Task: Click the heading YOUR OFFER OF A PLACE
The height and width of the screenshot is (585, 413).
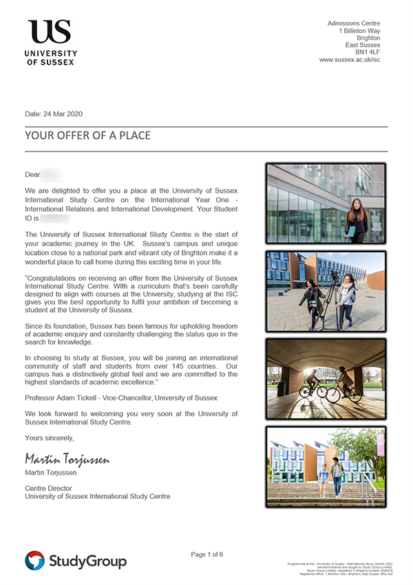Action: tap(87, 135)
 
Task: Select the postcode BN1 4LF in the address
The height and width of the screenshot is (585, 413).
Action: tap(367, 51)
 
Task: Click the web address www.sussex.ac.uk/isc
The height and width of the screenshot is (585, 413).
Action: tap(349, 60)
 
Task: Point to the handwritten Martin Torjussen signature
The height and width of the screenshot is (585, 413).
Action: tap(67, 458)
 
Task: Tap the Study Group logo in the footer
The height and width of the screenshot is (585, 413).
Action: tap(76, 561)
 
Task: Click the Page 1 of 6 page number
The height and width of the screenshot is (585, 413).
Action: tap(206, 554)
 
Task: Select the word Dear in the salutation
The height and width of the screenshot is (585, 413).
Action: tap(32, 175)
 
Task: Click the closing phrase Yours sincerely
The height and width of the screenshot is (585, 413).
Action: tap(49, 438)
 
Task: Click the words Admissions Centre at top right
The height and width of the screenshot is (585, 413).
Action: tap(353, 23)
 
